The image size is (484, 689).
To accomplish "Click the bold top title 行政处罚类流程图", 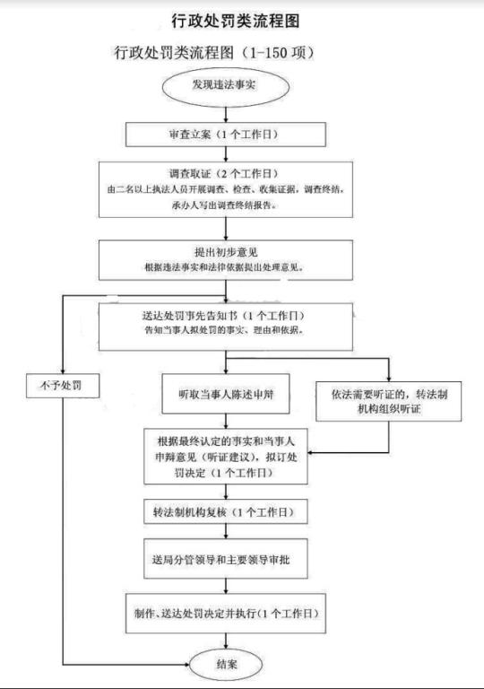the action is [236, 21].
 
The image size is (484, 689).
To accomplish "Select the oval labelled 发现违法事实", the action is [226, 86].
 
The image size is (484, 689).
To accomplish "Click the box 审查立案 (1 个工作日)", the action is [226, 135].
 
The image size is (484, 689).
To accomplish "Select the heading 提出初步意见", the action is [226, 252].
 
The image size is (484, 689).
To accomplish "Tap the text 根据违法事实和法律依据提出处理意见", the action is [224, 267].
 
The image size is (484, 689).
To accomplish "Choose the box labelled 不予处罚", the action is [63, 386].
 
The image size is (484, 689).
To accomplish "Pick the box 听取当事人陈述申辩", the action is [226, 394].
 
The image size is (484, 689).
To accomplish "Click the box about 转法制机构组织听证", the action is [389, 402].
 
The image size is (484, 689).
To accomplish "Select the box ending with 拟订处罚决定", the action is [226, 457].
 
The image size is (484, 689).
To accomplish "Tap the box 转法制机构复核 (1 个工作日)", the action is [226, 512].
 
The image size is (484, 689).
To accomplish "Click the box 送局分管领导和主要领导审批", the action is [226, 559].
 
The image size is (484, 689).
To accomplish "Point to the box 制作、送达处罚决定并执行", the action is [226, 614].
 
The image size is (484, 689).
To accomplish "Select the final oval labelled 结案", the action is [226, 664].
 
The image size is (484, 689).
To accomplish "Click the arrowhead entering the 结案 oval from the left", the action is [186, 665].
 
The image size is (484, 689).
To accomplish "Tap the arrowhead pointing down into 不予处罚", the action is [63, 370].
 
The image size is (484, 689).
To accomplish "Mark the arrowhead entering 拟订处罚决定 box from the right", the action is [311, 452].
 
